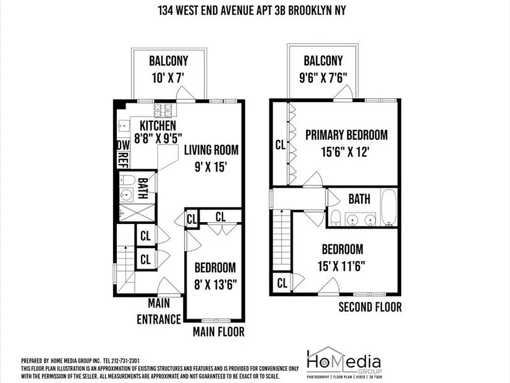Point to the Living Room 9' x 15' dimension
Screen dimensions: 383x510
pyautogui.click(x=211, y=167)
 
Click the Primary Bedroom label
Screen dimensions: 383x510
pyautogui.click(x=347, y=135)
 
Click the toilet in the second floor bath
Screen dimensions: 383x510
pyautogui.click(x=336, y=218)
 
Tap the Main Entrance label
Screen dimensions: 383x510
pyautogui.click(x=159, y=311)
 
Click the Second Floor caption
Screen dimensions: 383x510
pyautogui.click(x=370, y=307)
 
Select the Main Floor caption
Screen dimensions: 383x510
pyautogui.click(x=218, y=331)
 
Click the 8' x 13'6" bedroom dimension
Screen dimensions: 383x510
pyautogui.click(x=215, y=284)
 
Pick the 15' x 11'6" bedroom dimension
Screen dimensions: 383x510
pyautogui.click(x=342, y=266)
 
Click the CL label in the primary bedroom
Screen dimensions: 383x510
pyautogui.click(x=281, y=144)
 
